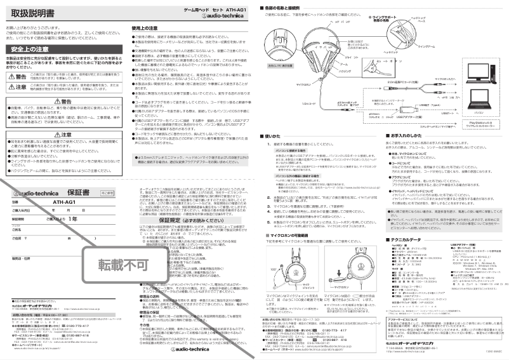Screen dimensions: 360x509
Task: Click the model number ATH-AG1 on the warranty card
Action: [63, 184]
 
